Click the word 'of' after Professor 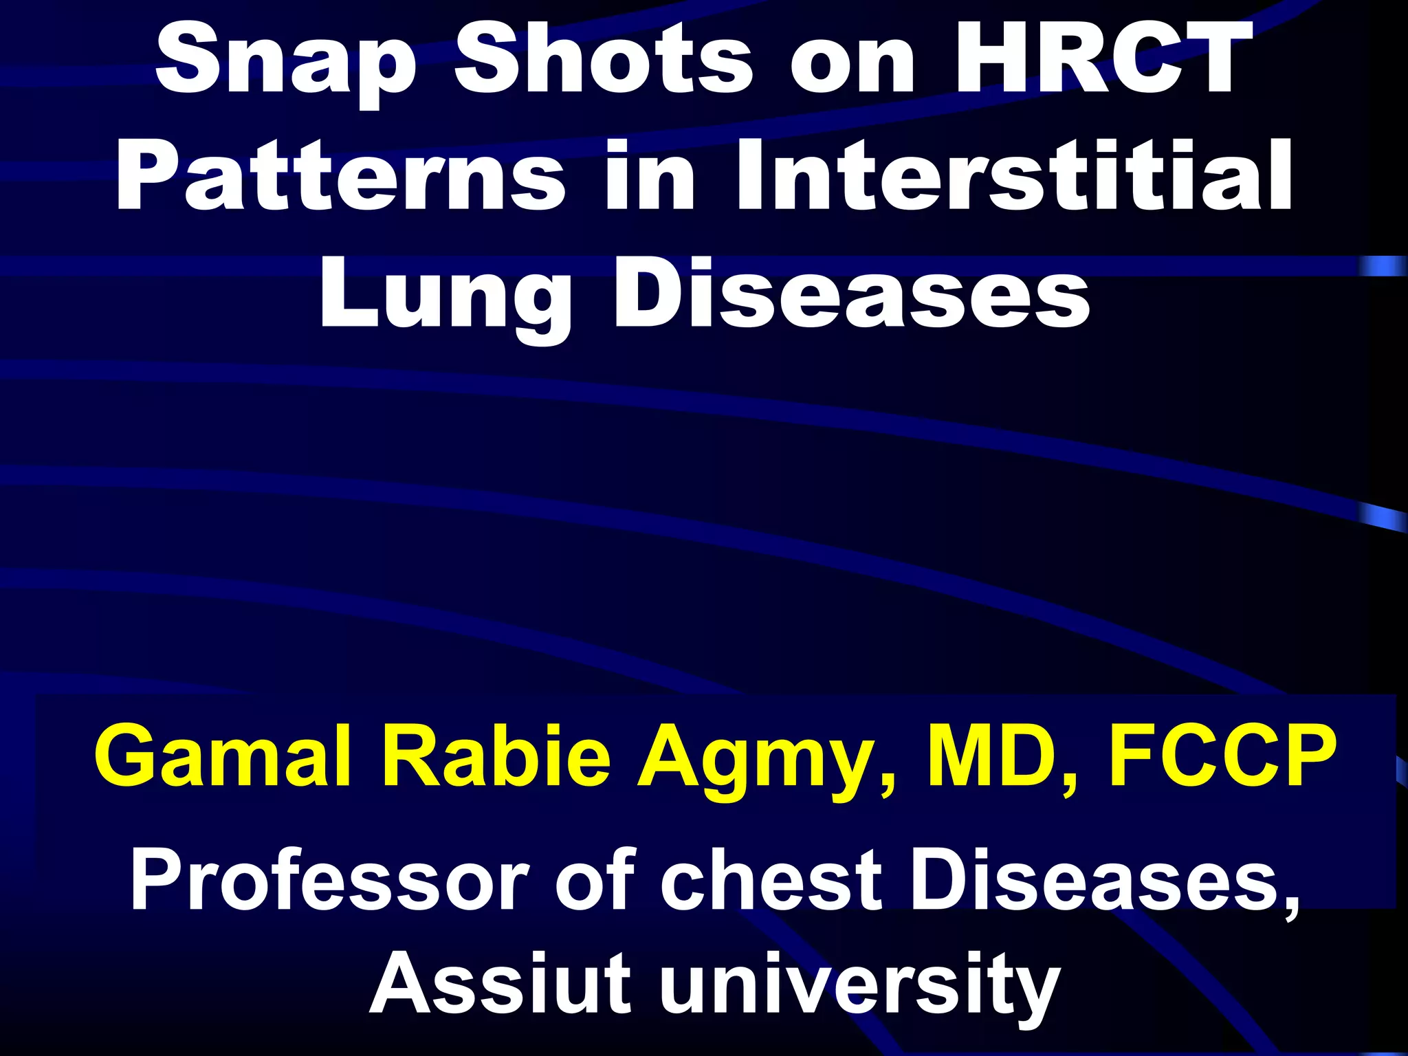point(595,880)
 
